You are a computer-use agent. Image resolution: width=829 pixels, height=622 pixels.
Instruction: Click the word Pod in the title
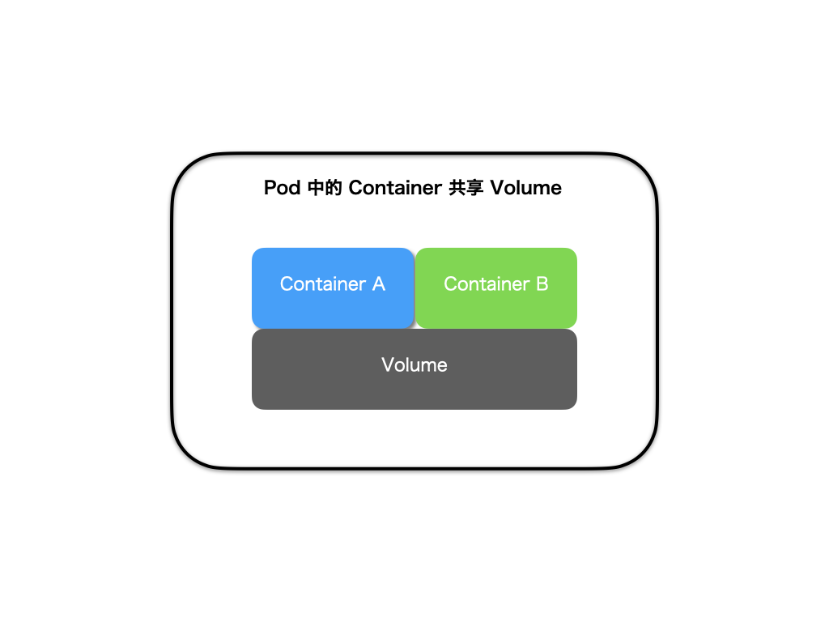pos(283,188)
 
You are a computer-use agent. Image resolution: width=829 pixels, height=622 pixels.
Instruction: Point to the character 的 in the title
pos(334,188)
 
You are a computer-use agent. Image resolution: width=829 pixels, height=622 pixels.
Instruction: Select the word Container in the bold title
pos(395,188)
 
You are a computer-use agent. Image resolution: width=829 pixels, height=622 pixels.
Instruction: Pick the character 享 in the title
pos(474,188)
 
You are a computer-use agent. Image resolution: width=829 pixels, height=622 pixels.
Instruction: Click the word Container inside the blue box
pos(322,284)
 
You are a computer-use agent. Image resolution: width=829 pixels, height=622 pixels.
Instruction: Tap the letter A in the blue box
pos(378,284)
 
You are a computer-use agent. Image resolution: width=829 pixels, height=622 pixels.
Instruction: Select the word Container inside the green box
pos(486,284)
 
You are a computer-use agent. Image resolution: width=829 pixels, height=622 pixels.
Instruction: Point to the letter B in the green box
pos(542,284)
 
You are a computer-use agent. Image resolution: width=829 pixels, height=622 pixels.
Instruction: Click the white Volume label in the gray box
pos(414,365)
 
